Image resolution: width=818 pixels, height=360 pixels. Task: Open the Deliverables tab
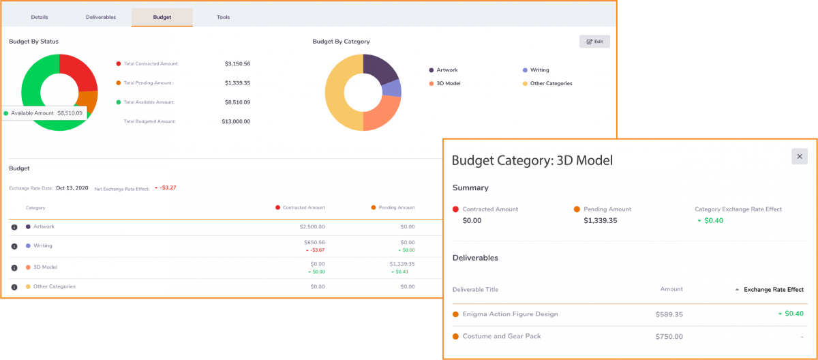pos(101,17)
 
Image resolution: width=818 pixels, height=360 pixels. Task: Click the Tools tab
pos(223,17)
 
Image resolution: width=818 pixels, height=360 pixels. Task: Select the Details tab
pos(40,17)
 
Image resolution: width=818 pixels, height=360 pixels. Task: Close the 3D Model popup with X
pos(800,157)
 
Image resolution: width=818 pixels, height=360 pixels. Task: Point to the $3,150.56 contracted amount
pos(237,63)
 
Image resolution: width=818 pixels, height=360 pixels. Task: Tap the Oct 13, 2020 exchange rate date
pos(72,187)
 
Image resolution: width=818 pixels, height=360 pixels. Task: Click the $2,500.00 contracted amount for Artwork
pos(312,226)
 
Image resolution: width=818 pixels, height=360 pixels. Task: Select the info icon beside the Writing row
pos(14,246)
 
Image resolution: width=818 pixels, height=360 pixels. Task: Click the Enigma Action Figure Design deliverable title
pos(510,314)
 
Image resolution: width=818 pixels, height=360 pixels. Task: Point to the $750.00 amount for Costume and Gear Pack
pos(669,337)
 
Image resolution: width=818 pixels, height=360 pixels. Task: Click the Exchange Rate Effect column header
pos(774,290)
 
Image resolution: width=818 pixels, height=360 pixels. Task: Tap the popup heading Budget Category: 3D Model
pos(532,161)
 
